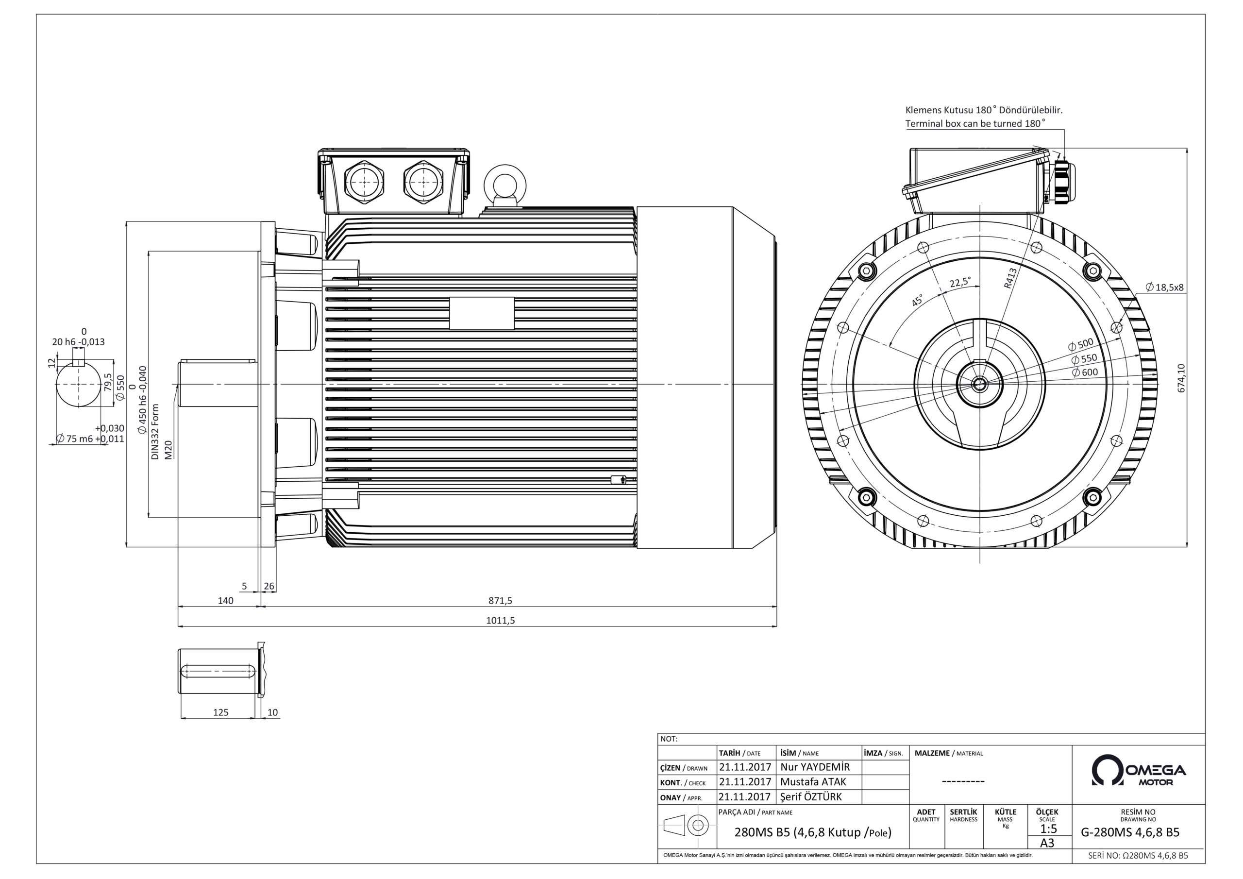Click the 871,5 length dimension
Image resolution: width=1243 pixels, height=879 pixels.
point(500,600)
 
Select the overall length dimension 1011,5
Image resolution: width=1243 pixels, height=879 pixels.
point(500,620)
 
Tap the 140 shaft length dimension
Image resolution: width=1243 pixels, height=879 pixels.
point(225,600)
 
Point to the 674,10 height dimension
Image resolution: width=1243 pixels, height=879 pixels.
point(1181,378)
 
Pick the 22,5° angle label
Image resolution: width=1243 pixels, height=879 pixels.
point(960,283)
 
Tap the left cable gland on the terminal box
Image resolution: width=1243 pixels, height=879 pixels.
point(364,183)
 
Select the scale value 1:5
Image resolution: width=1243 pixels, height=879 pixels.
point(1048,828)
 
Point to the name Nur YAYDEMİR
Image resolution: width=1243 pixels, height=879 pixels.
point(815,767)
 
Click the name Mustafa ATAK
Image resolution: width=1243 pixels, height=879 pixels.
point(813,781)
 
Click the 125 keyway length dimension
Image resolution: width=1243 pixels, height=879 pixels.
point(221,712)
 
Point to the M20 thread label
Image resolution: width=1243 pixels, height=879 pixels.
point(168,450)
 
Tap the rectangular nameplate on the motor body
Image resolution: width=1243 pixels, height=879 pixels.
point(481,314)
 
